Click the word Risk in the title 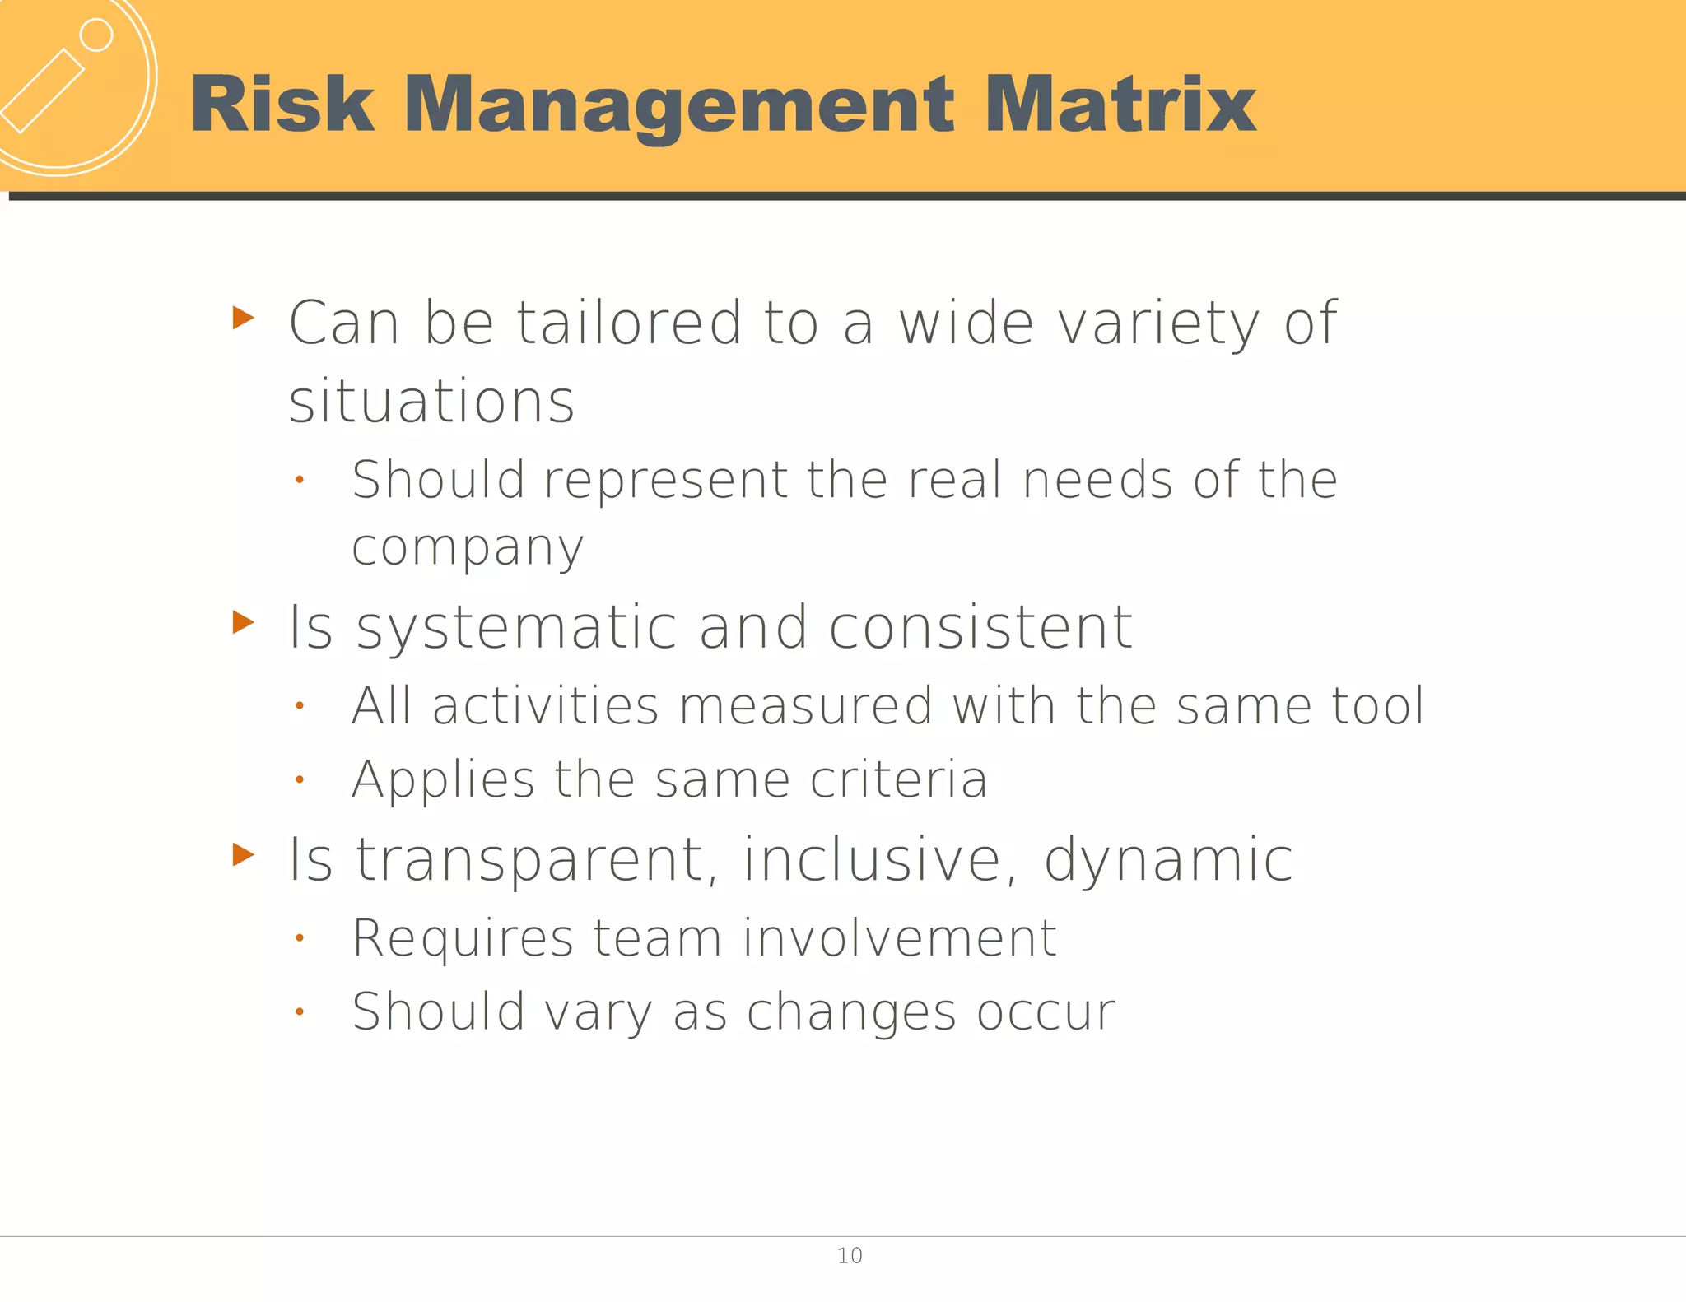point(282,104)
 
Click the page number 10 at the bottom point(850,1256)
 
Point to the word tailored point(629,323)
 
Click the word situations point(431,402)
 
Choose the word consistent point(980,627)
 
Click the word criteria point(898,779)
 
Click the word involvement point(899,937)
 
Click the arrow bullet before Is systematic point(243,622)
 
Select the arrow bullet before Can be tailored point(243,317)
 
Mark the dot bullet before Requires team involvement point(300,937)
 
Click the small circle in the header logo point(96,35)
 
